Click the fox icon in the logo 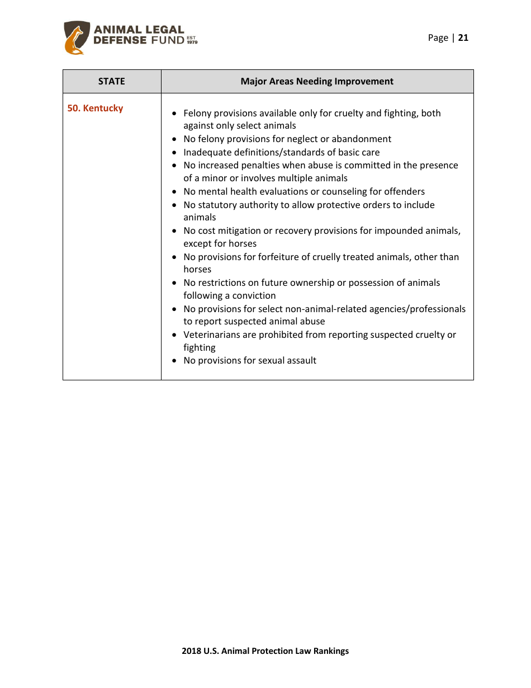75,41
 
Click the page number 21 463,38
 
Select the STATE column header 112,82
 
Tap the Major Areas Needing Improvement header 317,82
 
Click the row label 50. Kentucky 96,109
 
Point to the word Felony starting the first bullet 197,114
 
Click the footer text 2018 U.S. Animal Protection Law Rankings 265,651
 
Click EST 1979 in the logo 192,40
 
